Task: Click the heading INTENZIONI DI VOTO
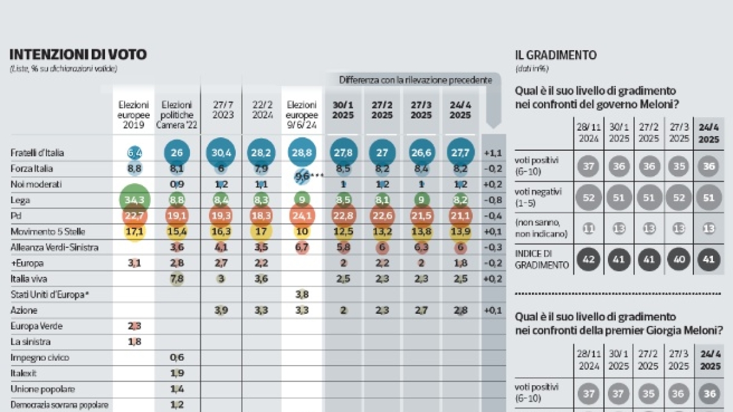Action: [x=78, y=54]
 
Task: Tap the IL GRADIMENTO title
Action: [x=556, y=55]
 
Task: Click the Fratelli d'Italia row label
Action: [x=37, y=152]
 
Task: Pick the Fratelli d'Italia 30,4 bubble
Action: [x=222, y=153]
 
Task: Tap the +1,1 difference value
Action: [x=494, y=153]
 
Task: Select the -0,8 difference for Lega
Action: [x=494, y=200]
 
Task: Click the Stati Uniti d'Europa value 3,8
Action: [x=301, y=295]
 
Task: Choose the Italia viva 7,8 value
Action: [x=176, y=279]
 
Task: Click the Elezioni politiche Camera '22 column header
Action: [x=177, y=115]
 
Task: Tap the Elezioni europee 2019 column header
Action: [x=133, y=115]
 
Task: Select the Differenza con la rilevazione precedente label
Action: [x=415, y=79]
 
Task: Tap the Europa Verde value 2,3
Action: [x=133, y=327]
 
